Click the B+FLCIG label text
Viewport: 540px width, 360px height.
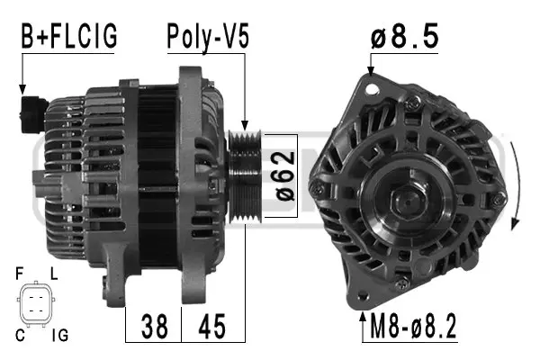[69, 37]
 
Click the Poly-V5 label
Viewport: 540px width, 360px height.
[207, 37]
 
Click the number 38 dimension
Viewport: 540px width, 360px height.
[154, 325]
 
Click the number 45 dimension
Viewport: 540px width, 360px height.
[212, 325]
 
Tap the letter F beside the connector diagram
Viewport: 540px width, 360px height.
[20, 271]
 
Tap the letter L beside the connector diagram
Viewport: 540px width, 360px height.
[55, 271]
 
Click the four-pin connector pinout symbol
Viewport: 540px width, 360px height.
[37, 302]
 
